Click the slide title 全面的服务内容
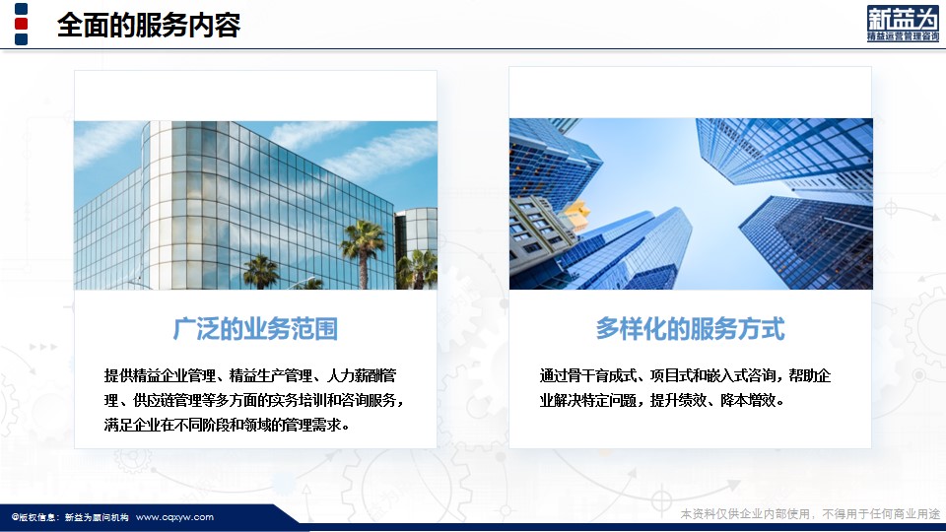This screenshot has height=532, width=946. (149, 26)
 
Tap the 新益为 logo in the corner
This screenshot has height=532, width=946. (903, 24)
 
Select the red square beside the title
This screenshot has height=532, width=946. (21, 24)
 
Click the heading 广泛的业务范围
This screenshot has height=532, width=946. (255, 329)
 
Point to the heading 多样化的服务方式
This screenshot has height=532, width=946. (690, 329)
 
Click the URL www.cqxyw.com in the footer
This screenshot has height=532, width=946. (174, 517)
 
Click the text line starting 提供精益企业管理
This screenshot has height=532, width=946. (249, 375)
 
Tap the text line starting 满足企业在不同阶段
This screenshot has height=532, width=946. (227, 425)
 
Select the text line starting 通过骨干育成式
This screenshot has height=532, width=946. (685, 375)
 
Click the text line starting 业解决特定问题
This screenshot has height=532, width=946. (661, 400)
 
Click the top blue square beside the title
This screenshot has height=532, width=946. (21, 9)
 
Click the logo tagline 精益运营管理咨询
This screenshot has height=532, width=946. (903, 36)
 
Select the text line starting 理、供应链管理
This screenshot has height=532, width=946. (253, 400)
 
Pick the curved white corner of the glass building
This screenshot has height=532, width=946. (158, 205)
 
